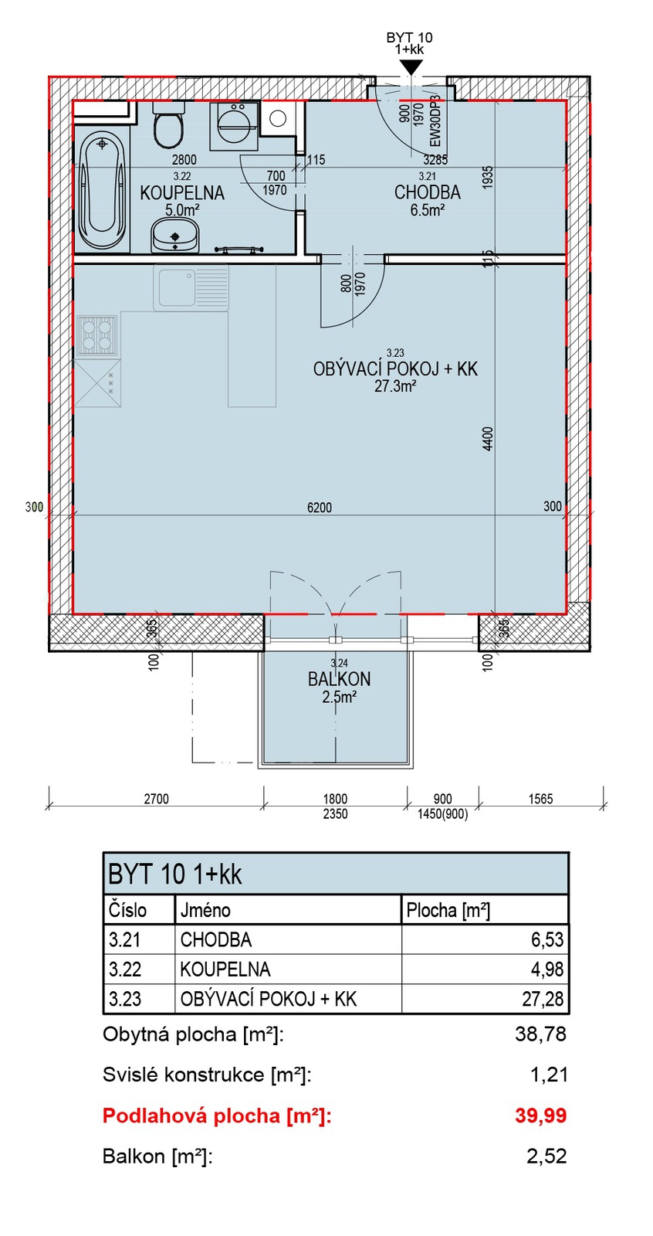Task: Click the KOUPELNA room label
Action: point(182,192)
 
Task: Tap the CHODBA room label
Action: point(428,192)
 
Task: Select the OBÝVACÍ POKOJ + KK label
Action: point(395,368)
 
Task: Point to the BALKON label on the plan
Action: point(339,679)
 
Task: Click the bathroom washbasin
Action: point(175,236)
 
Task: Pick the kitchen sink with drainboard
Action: point(191,287)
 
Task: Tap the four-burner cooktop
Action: point(97,335)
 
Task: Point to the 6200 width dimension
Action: point(320,507)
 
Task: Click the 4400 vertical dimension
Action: point(488,439)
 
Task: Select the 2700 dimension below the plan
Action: point(156,799)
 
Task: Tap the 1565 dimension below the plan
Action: point(540,799)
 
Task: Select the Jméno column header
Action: point(205,910)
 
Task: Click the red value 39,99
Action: point(540,1115)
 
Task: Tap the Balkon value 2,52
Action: point(546,1156)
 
